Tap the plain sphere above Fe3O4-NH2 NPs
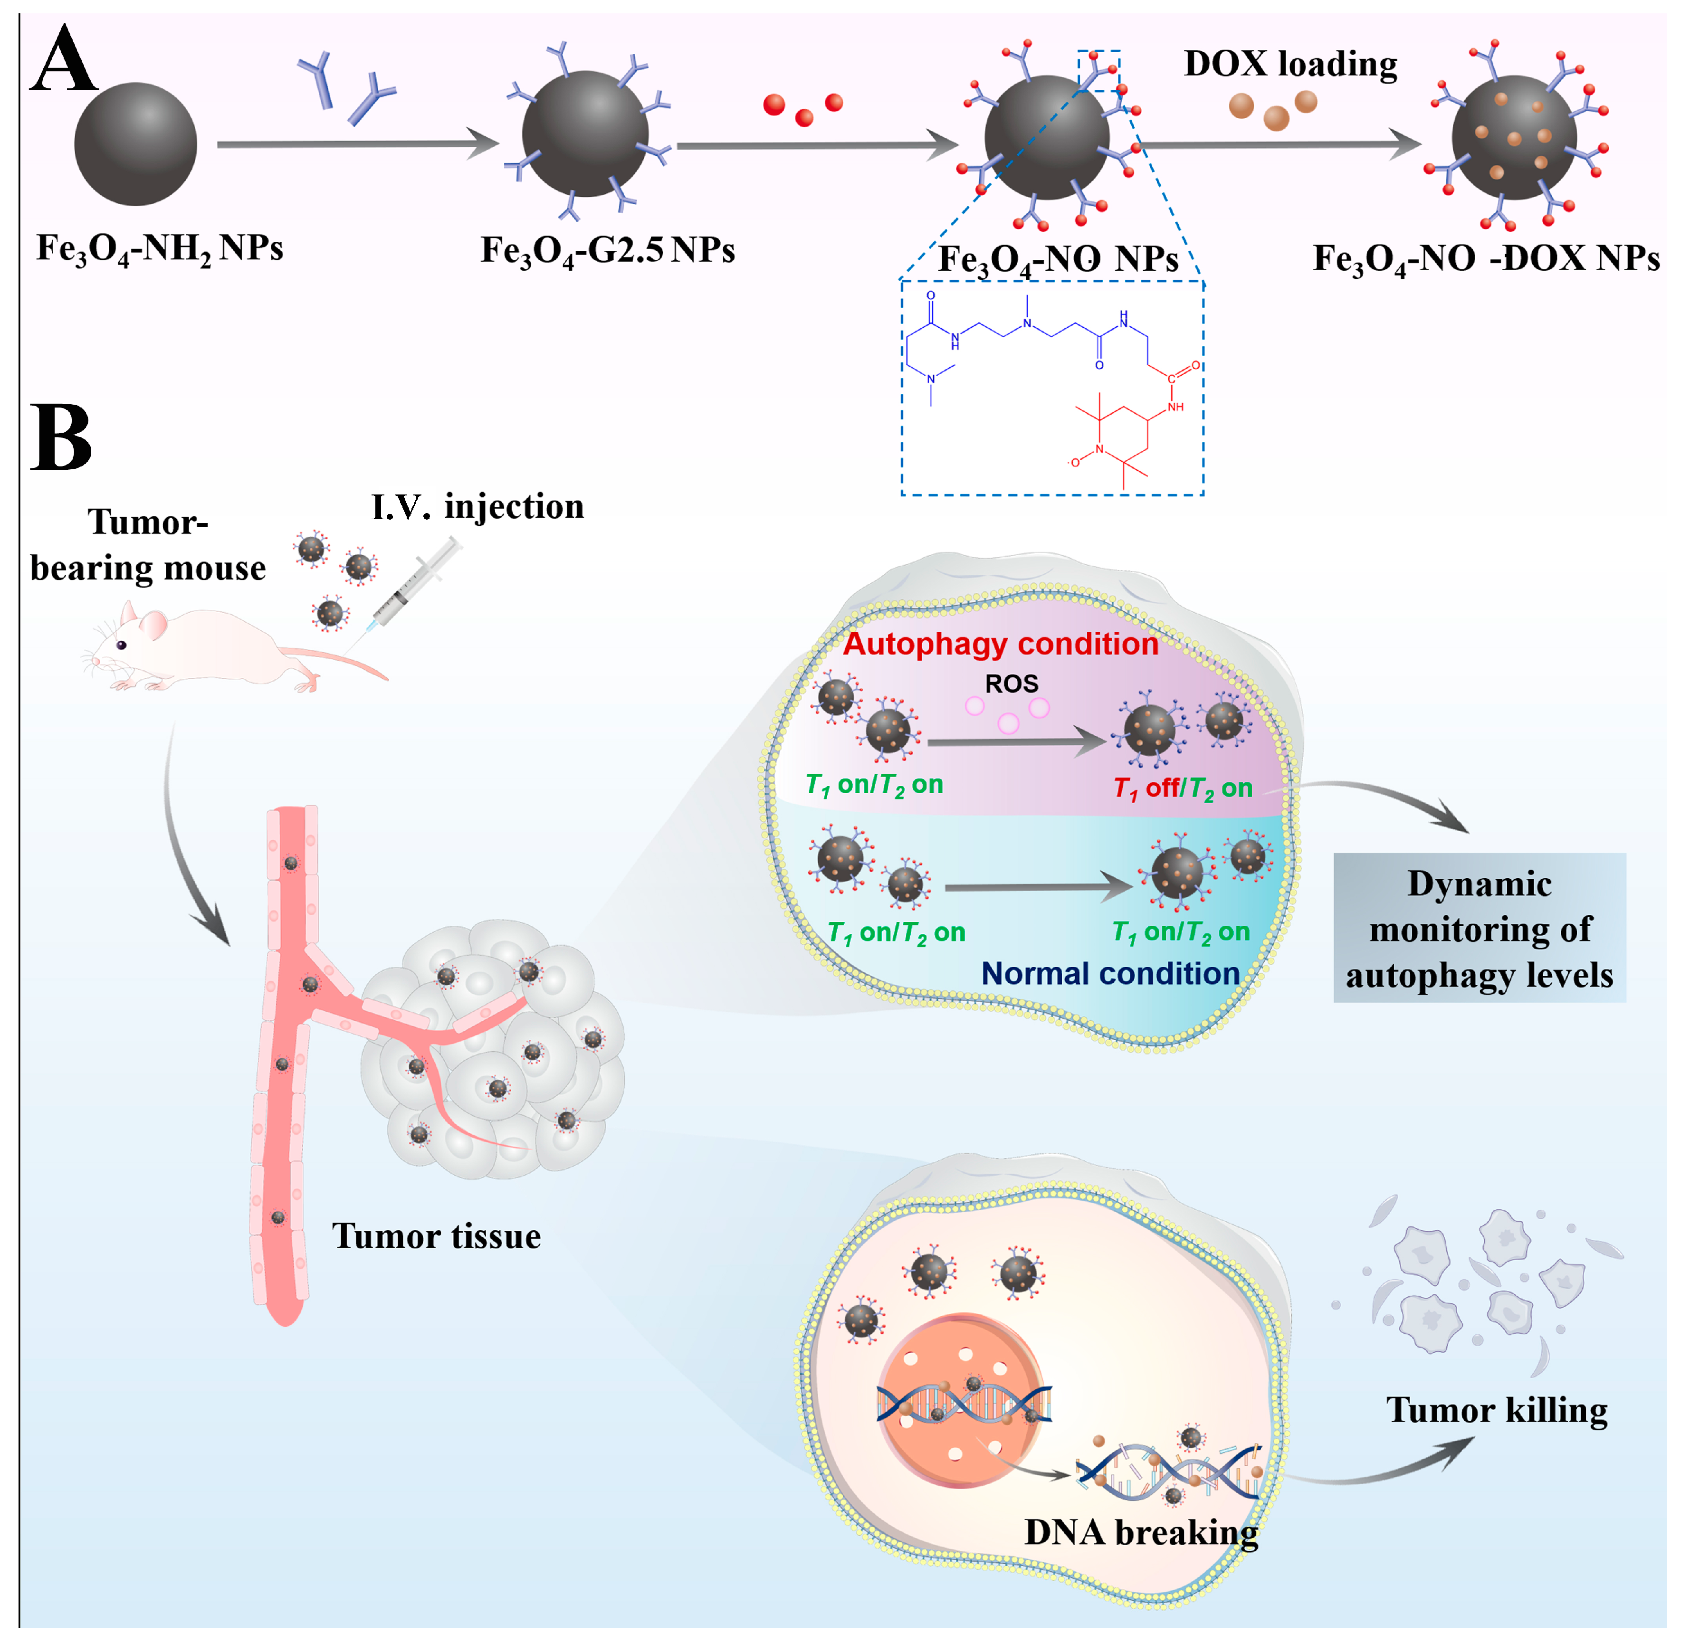[x=135, y=144]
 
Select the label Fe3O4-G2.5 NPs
[x=607, y=250]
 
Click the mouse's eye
[x=121, y=645]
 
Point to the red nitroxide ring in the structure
[x=1122, y=445]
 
